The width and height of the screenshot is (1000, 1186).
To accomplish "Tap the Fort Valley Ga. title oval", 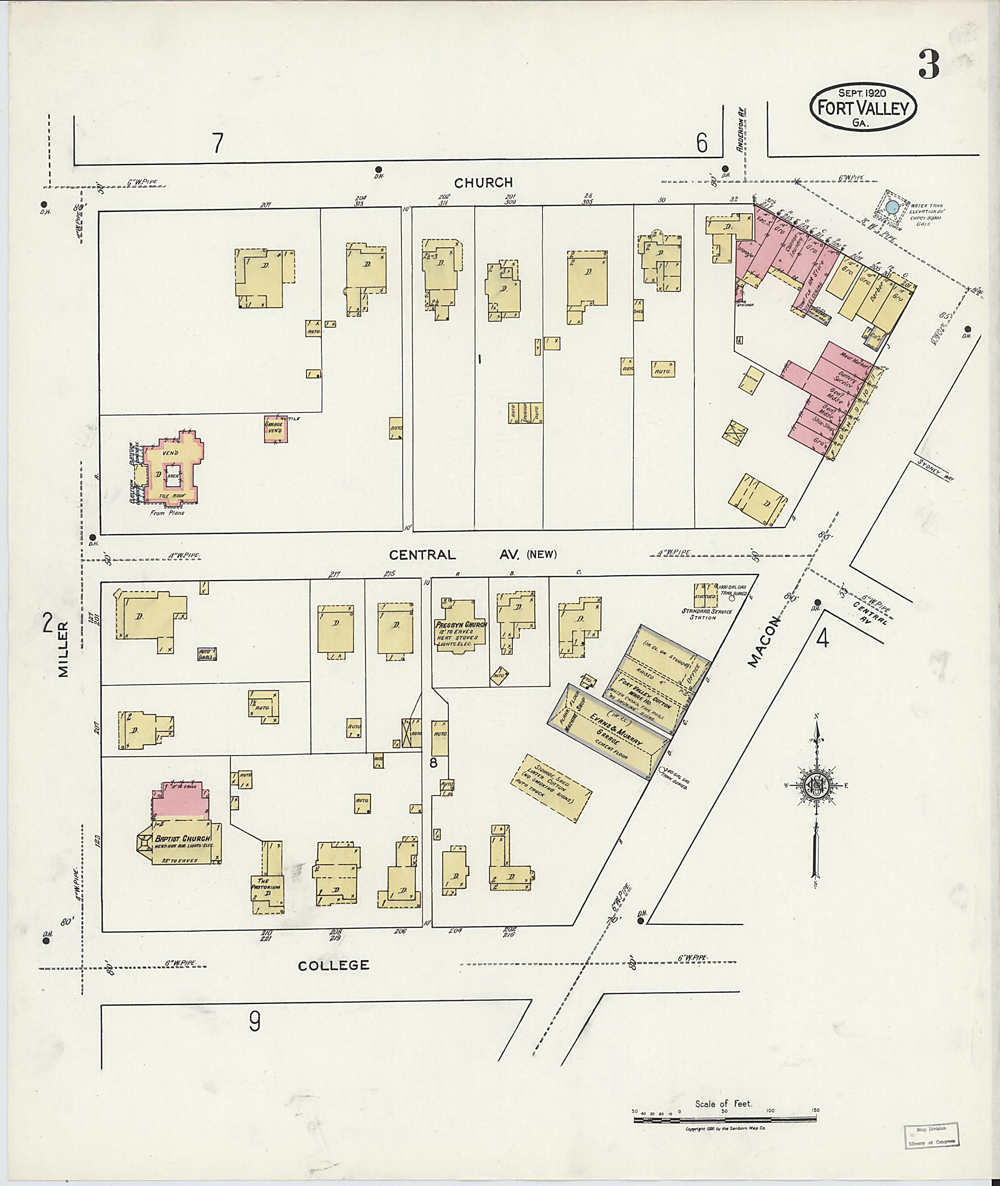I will pos(863,108).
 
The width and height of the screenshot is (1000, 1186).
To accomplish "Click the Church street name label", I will pos(483,183).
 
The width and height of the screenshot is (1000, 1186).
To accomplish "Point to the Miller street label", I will pos(62,648).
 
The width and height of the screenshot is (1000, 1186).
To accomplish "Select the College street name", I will pos(334,965).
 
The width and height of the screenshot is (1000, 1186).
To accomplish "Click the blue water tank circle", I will pos(892,207).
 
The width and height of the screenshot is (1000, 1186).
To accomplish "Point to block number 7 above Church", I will pos(217,144).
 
